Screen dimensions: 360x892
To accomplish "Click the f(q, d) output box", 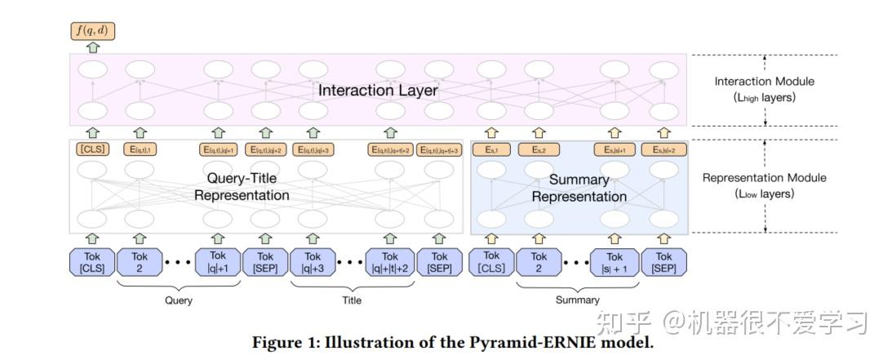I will pyautogui.click(x=93, y=32).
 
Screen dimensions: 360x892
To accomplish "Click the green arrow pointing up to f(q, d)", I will pyautogui.click(x=93, y=48).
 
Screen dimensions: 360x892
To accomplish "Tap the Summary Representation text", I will pyautogui.click(x=579, y=188).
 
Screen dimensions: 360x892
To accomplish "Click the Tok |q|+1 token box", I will pyautogui.click(x=218, y=262).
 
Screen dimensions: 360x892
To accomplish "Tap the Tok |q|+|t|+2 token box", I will pyautogui.click(x=390, y=262).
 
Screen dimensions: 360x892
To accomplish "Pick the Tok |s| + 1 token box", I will pyautogui.click(x=615, y=262).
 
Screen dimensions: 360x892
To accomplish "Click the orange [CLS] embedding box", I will pyautogui.click(x=93, y=149).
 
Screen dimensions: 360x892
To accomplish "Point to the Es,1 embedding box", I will pyautogui.click(x=491, y=149).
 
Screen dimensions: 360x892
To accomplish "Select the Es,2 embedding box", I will pyautogui.click(x=539, y=149).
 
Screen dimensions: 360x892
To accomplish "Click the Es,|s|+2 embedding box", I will pyautogui.click(x=663, y=149).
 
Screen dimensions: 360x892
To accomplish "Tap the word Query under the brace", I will pyautogui.click(x=179, y=300).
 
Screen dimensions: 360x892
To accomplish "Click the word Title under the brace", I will pyautogui.click(x=352, y=300).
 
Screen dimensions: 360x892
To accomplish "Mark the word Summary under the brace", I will pyautogui.click(x=577, y=300).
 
